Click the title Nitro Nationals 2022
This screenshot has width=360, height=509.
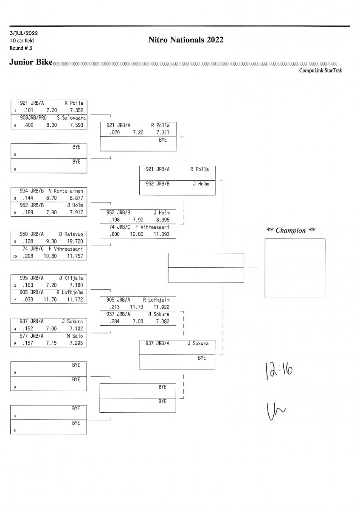(x=186, y=40)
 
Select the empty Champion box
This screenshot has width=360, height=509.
(x=295, y=268)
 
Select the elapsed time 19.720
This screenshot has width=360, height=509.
(x=76, y=241)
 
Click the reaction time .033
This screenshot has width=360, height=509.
(x=28, y=300)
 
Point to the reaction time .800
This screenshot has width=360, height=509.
(x=115, y=234)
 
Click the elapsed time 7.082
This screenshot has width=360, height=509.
(x=161, y=322)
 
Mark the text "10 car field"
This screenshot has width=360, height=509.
(x=22, y=41)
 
